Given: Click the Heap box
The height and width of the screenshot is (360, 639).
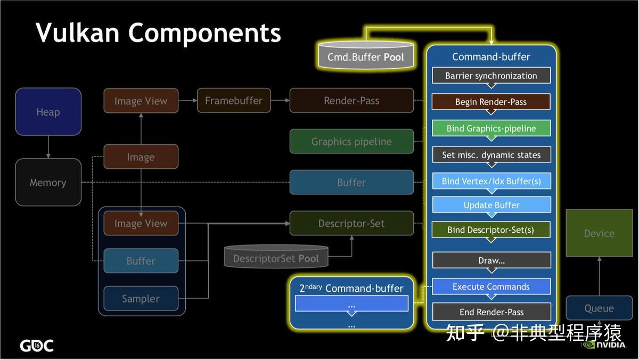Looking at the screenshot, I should (x=48, y=112).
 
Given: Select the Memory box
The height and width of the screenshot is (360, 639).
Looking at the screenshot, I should (x=48, y=183).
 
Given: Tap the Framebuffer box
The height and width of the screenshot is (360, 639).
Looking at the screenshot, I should (x=234, y=101).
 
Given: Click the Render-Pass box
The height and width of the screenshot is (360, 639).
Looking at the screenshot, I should (x=351, y=101).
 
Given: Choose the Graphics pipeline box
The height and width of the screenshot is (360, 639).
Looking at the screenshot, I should (x=351, y=142).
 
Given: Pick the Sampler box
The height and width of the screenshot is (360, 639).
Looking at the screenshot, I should (x=141, y=299).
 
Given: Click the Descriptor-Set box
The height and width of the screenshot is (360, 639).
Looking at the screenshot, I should (x=351, y=224).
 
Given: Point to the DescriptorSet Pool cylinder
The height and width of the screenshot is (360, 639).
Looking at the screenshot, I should (x=276, y=258).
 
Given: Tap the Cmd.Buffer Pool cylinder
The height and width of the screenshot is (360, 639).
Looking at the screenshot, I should (x=366, y=56).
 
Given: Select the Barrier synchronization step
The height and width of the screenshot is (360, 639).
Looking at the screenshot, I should (x=491, y=76).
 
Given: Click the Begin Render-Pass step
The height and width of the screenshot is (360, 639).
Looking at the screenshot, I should (x=491, y=102).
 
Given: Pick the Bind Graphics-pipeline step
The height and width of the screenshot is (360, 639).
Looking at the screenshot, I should (x=491, y=128).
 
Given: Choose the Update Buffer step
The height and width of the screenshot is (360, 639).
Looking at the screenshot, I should (x=491, y=205).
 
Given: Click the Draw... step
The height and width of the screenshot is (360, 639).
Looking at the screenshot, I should (x=491, y=260).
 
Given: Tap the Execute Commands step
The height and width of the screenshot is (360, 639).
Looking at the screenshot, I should (x=491, y=287).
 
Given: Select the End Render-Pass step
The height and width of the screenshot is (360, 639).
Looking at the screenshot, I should (x=491, y=312).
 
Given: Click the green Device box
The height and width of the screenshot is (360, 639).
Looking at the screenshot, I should (x=599, y=233).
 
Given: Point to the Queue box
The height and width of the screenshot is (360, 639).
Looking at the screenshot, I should (x=599, y=308).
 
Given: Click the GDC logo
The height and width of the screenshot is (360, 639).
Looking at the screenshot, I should (x=37, y=346).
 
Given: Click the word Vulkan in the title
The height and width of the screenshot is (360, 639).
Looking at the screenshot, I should (x=77, y=33).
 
